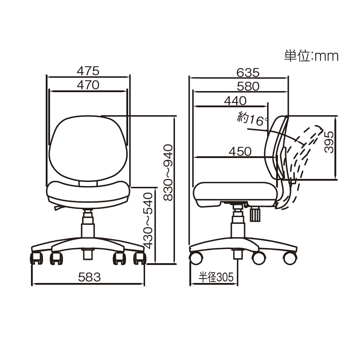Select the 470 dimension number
pos(88,85)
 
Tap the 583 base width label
pos(89,277)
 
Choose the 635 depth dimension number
pos(248,73)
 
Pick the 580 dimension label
pos(248,86)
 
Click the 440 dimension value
pos(235,101)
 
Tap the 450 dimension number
pos(240,152)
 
